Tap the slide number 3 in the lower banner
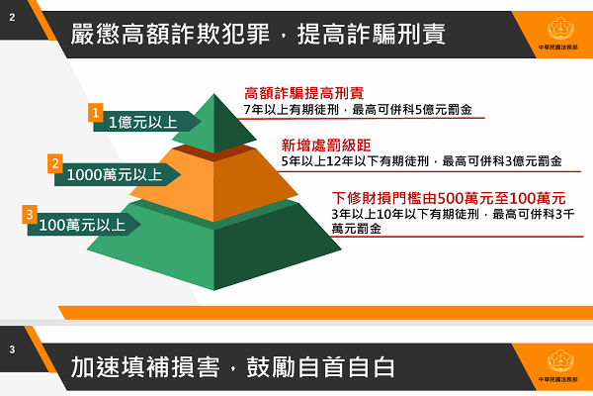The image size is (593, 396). [x=11, y=349]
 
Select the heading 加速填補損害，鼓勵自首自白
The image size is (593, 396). [x=233, y=366]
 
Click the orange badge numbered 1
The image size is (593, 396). [x=97, y=113]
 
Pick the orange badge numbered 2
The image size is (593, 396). [x=55, y=164]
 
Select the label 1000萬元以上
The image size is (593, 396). [x=115, y=175]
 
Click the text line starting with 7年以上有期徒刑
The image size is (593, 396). [x=363, y=109]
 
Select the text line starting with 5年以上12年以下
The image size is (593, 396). [x=421, y=160]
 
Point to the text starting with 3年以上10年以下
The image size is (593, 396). [x=456, y=220]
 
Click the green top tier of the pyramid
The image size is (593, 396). [x=213, y=124]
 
